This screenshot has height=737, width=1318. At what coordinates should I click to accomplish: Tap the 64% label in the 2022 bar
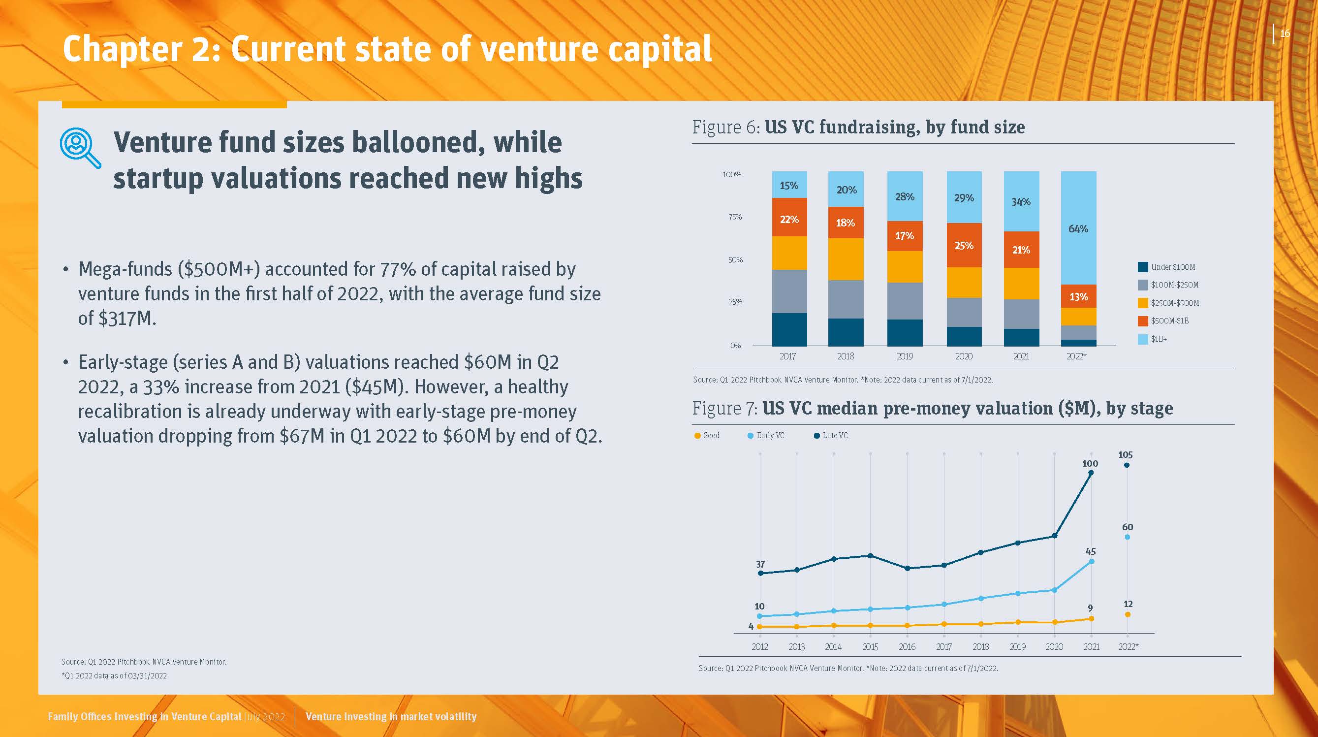point(1078,229)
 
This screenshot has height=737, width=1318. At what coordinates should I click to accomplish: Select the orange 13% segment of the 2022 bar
point(1078,296)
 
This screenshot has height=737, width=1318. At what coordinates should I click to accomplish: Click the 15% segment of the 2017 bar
point(789,185)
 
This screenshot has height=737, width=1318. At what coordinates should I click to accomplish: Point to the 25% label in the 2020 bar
point(964,246)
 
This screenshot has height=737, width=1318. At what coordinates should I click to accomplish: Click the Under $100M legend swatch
point(1142,267)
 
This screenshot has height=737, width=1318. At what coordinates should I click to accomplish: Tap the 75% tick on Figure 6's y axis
point(735,217)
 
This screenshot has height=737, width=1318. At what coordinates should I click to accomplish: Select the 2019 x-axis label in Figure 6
point(905,356)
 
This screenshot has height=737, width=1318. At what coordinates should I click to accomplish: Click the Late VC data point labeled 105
point(1127,465)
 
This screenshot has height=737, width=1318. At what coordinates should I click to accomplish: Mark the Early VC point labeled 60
point(1127,537)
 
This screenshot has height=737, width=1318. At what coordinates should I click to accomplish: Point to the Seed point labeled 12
point(1128,614)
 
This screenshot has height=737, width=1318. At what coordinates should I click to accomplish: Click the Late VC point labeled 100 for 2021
point(1091,473)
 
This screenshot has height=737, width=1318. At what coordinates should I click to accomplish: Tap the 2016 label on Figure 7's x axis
point(907,647)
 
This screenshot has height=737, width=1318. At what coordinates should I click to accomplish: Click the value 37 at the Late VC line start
point(760,564)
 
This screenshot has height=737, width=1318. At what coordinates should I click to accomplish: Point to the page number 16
point(1285,34)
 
